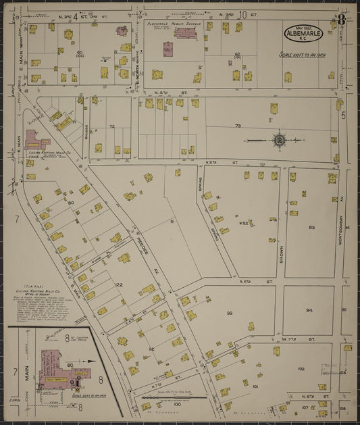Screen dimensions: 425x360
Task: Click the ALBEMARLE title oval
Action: [x=303, y=32]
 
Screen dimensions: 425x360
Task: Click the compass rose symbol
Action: [x=278, y=141]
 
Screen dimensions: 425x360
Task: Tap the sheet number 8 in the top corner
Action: [x=342, y=20]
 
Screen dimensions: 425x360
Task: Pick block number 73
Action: [x=238, y=126]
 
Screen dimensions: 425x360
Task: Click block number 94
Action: [x=309, y=310]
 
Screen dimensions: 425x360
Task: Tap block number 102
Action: [x=301, y=369]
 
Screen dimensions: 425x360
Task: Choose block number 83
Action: [x=311, y=228]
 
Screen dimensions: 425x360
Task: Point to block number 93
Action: [x=230, y=313]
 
